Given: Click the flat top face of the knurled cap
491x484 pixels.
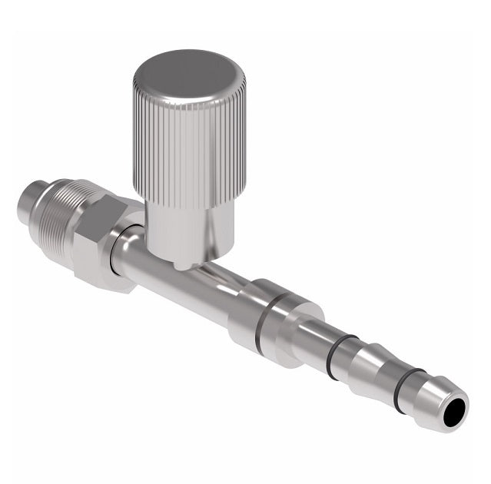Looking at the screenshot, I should pos(188,77).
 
